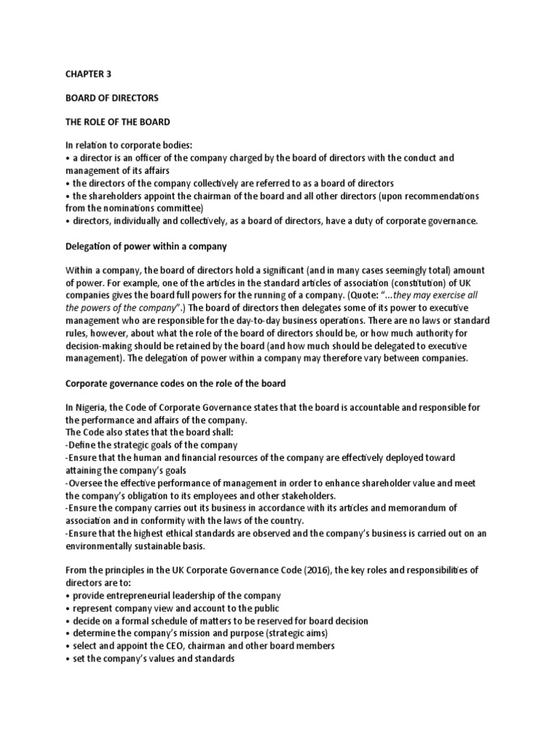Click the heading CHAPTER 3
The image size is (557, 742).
coord(89,74)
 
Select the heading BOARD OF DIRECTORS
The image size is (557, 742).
coord(112,97)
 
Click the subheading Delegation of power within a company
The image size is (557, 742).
coord(146,246)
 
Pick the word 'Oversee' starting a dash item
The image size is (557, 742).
coord(86,483)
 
